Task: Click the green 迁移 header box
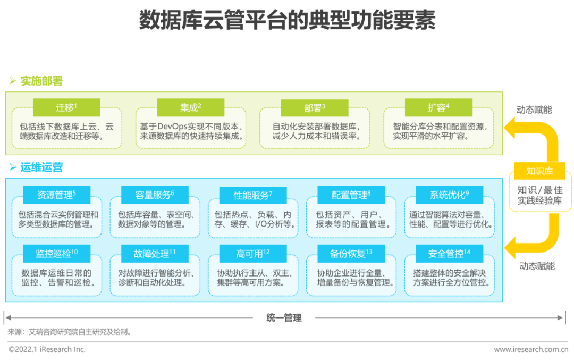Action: (x=66, y=107)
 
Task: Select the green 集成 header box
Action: (x=190, y=107)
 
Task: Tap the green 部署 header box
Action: (x=315, y=108)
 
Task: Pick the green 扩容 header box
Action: (x=438, y=107)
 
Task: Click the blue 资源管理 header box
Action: (x=56, y=195)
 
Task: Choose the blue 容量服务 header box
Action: (x=155, y=195)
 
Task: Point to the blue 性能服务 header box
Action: (x=253, y=195)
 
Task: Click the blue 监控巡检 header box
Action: (x=56, y=253)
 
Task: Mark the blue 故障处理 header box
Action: (x=155, y=253)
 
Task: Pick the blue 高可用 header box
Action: (x=253, y=254)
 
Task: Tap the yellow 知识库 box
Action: (x=539, y=171)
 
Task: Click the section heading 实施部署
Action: (x=41, y=81)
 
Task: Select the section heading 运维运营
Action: (x=41, y=167)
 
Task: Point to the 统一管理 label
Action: (x=284, y=318)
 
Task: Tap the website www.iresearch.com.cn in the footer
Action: (x=531, y=349)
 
